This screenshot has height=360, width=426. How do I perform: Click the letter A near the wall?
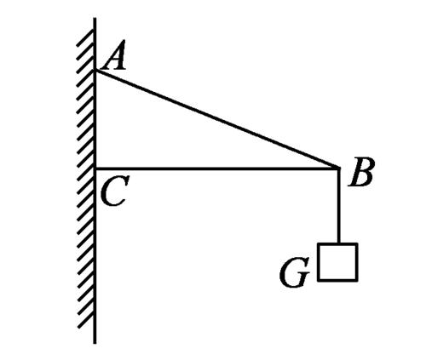pyautogui.click(x=113, y=55)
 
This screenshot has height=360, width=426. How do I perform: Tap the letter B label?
pyautogui.click(x=361, y=172)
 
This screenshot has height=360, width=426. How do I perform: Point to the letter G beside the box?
pyautogui.click(x=294, y=272)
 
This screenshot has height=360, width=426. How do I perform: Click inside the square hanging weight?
pyautogui.click(x=337, y=262)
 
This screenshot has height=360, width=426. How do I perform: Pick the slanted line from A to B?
pyautogui.click(x=217, y=119)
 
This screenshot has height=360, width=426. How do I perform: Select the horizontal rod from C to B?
pyautogui.click(x=217, y=169)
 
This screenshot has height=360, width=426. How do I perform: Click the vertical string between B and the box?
pyautogui.click(x=338, y=206)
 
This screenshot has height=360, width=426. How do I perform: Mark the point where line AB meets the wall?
pyautogui.click(x=95, y=71)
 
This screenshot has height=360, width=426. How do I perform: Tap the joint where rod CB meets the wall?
pyautogui.click(x=95, y=169)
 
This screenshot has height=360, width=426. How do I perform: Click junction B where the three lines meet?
pyautogui.click(x=338, y=169)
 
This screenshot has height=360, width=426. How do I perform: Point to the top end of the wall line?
pyautogui.click(x=95, y=18)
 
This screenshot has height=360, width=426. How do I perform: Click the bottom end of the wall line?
pyautogui.click(x=95, y=343)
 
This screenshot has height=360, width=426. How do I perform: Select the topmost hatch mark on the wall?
pyautogui.click(x=85, y=38)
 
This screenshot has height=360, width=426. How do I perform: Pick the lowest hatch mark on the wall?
pyautogui.click(x=86, y=321)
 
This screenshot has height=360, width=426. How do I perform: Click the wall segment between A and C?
pyautogui.click(x=95, y=120)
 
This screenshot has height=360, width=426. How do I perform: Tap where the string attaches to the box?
pyautogui.click(x=338, y=243)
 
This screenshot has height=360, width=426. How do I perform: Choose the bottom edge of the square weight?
pyautogui.click(x=337, y=280)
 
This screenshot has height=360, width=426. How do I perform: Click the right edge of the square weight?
pyautogui.click(x=356, y=262)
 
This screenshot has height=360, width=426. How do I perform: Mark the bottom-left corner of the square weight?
pyautogui.click(x=319, y=281)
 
